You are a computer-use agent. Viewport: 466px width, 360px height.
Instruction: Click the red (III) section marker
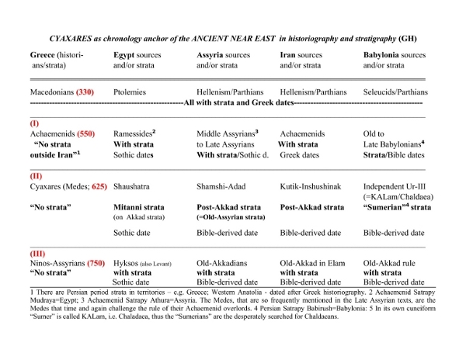point(38,254)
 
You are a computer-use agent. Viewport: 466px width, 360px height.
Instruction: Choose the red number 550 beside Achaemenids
point(86,134)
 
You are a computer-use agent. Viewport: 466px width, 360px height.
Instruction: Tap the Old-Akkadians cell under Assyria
point(224,265)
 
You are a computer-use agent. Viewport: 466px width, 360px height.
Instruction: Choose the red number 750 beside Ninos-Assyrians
point(97,265)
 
